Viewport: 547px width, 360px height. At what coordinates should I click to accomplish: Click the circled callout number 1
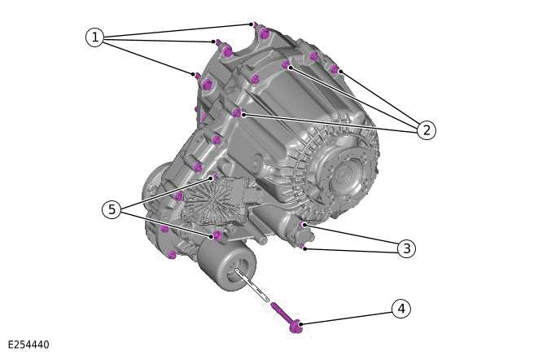coord(95,37)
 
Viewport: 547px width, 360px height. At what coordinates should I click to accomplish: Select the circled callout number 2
coord(423,129)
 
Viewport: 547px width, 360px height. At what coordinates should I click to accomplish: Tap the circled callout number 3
coord(405,248)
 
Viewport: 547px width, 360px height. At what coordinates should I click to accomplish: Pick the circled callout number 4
coord(399,309)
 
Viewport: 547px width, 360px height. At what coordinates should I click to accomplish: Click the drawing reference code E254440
coord(28,345)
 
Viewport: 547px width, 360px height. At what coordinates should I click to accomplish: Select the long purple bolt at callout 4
coord(287,318)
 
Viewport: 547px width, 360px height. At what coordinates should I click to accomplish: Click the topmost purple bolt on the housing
coord(263,32)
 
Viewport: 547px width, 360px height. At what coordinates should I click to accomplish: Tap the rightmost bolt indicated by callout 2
coord(335,69)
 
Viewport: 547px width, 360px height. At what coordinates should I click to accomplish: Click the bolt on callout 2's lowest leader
coord(237,112)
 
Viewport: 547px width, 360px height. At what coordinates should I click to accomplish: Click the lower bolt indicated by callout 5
coord(217,235)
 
